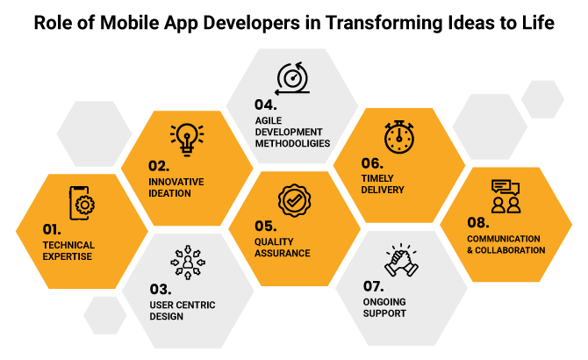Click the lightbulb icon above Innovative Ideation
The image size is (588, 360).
186,135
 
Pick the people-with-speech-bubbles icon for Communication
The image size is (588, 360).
505,196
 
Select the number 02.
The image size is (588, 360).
161,164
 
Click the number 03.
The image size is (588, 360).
161,288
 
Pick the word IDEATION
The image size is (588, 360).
169,192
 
